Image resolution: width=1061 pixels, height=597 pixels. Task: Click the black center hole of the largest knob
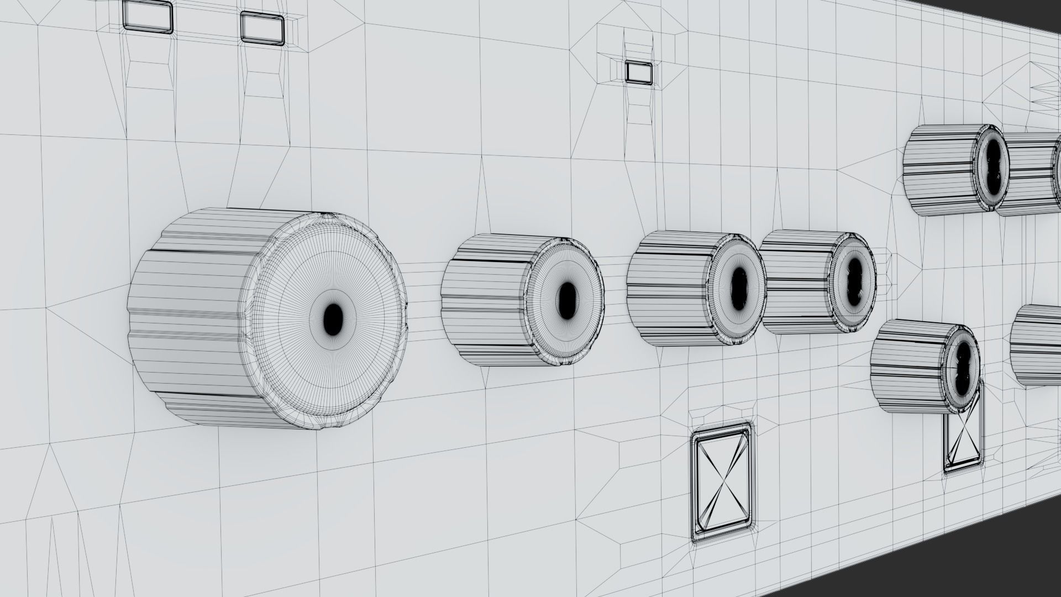pyautogui.click(x=333, y=316)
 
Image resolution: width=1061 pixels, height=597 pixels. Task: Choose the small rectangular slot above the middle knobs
pyautogui.click(x=639, y=71)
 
